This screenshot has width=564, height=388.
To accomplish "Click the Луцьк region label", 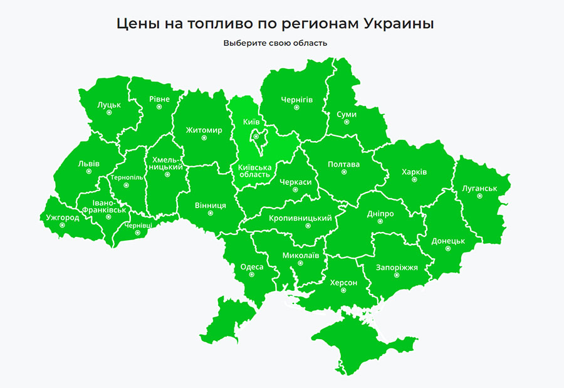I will point(109,104).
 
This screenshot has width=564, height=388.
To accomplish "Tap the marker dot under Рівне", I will point(159,107).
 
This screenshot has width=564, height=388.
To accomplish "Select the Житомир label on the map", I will point(204,130).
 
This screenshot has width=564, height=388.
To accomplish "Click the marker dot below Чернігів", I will point(297,108).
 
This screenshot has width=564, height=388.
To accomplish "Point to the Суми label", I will point(346,115).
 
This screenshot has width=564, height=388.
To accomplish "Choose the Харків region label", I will point(414,172).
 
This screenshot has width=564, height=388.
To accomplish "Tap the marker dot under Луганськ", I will point(479,196).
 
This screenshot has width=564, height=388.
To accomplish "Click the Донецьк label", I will point(448,241).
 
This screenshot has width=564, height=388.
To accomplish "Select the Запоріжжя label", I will point(397,268).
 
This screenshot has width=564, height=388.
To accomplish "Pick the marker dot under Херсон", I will point(343,291).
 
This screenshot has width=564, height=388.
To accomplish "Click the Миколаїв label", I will point(301,256).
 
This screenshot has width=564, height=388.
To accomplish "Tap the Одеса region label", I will point(252,267).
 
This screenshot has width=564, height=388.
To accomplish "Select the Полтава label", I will point(344,165).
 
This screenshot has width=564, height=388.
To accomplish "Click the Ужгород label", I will point(63,218).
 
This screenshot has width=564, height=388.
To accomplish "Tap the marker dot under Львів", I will point(88,171).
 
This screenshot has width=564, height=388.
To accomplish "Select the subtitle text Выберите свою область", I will point(275,43).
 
